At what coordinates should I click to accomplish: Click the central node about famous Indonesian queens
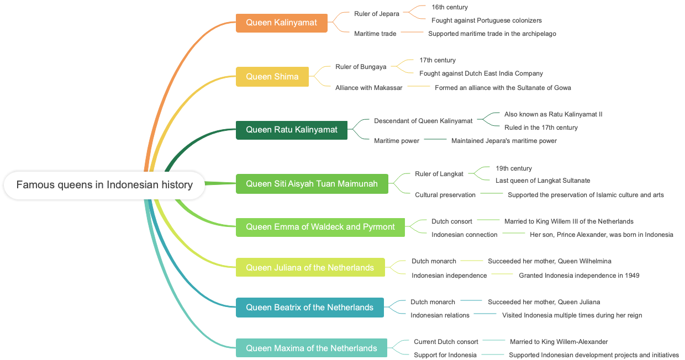tap(104, 185)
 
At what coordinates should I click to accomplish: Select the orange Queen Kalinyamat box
tap(281, 23)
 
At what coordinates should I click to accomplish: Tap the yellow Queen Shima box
tap(272, 77)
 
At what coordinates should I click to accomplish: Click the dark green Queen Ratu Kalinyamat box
tap(291, 130)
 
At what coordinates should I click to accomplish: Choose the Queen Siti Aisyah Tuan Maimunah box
tap(312, 184)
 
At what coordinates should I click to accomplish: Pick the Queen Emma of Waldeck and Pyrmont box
tap(320, 227)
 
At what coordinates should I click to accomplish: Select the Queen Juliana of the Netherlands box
tap(310, 268)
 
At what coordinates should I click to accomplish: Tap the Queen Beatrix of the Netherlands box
tap(309, 308)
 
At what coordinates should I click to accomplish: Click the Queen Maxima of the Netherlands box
tap(311, 348)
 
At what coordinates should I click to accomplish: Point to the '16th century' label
tap(450, 7)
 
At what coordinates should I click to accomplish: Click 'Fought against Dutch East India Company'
tap(481, 73)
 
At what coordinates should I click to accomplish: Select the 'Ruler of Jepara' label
tap(377, 14)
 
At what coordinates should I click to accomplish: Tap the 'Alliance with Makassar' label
tap(369, 88)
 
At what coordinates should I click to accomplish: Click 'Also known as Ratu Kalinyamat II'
tap(553, 114)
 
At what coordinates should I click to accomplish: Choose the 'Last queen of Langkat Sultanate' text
tap(542, 181)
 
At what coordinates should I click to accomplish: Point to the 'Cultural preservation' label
tap(445, 195)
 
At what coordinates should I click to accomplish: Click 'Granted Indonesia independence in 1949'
tap(579, 276)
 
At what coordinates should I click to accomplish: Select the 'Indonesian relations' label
tap(440, 315)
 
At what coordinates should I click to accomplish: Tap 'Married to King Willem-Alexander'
tap(558, 342)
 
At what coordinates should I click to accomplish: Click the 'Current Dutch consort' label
tap(446, 342)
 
